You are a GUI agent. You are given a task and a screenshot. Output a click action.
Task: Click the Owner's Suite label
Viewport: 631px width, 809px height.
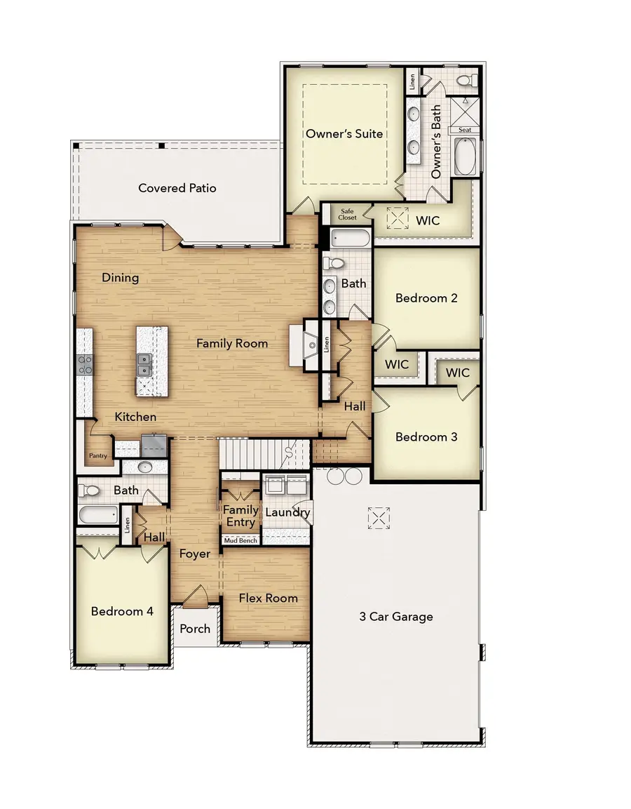pos(344,133)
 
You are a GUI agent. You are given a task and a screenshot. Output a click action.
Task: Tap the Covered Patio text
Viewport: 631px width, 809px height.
pos(177,188)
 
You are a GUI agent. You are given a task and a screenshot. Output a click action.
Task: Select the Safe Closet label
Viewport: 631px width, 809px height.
pos(348,214)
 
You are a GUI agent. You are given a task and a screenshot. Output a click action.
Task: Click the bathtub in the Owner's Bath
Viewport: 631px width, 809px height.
pos(465,156)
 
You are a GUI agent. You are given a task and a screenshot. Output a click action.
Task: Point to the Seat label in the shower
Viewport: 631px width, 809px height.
pos(465,130)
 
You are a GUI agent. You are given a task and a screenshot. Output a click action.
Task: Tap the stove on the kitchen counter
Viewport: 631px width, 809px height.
pos(85,363)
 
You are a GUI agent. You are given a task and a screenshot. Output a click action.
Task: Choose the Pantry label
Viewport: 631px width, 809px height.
pos(97,456)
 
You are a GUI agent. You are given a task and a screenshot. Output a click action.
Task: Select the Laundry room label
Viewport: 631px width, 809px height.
pos(287,513)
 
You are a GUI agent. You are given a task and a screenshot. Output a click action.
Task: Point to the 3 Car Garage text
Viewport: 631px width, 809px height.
pos(396,617)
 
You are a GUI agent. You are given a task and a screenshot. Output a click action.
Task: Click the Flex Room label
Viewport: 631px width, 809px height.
pos(268,599)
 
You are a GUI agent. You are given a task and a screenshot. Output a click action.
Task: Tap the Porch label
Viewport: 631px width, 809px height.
pos(195,629)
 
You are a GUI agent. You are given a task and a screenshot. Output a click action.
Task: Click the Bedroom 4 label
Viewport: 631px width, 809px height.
pos(122,611)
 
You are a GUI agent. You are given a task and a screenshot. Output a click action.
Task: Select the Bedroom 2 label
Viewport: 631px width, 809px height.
pos(426,298)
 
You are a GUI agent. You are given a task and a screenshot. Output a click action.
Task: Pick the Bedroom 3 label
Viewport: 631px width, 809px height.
pos(426,436)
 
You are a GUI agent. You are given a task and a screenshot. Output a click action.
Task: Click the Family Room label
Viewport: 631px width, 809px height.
pos(232,344)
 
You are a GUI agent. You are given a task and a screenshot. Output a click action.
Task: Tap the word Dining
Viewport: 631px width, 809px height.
pos(121,278)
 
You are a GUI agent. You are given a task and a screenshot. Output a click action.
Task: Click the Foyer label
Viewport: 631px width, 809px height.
pos(194,554)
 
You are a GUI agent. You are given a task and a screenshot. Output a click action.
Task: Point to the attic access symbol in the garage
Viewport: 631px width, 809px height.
pos(378,518)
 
